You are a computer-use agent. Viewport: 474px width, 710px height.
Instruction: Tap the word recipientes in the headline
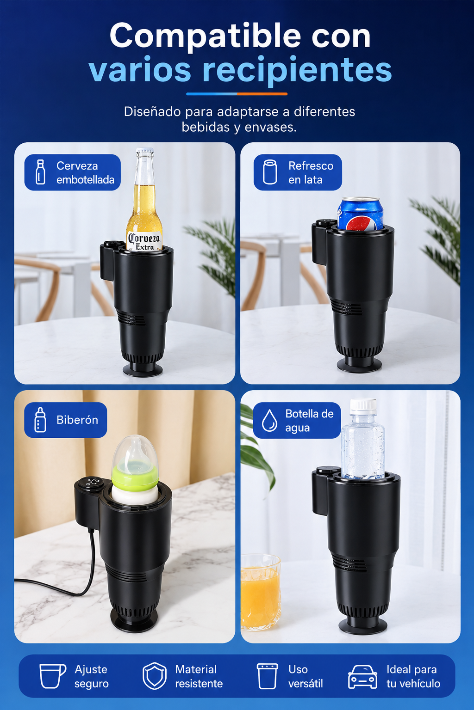point(297,71)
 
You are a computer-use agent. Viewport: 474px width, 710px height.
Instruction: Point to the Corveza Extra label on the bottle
point(144,242)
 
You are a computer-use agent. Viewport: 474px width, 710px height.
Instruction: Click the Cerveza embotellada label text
point(85,173)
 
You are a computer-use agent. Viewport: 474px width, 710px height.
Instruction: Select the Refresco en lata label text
point(311,173)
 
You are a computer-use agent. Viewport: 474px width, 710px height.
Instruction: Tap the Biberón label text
point(77,420)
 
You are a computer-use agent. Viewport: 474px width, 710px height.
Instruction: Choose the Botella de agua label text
point(309,421)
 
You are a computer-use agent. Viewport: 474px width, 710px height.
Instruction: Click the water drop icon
point(269,421)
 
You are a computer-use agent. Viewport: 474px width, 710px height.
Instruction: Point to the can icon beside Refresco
point(270,172)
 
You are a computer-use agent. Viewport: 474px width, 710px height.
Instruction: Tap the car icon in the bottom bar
point(362,677)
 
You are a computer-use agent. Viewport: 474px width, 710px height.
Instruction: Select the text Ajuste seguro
point(92,676)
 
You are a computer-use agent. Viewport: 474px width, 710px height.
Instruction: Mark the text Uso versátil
point(306,676)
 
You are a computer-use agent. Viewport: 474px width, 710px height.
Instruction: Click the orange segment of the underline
point(262,94)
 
